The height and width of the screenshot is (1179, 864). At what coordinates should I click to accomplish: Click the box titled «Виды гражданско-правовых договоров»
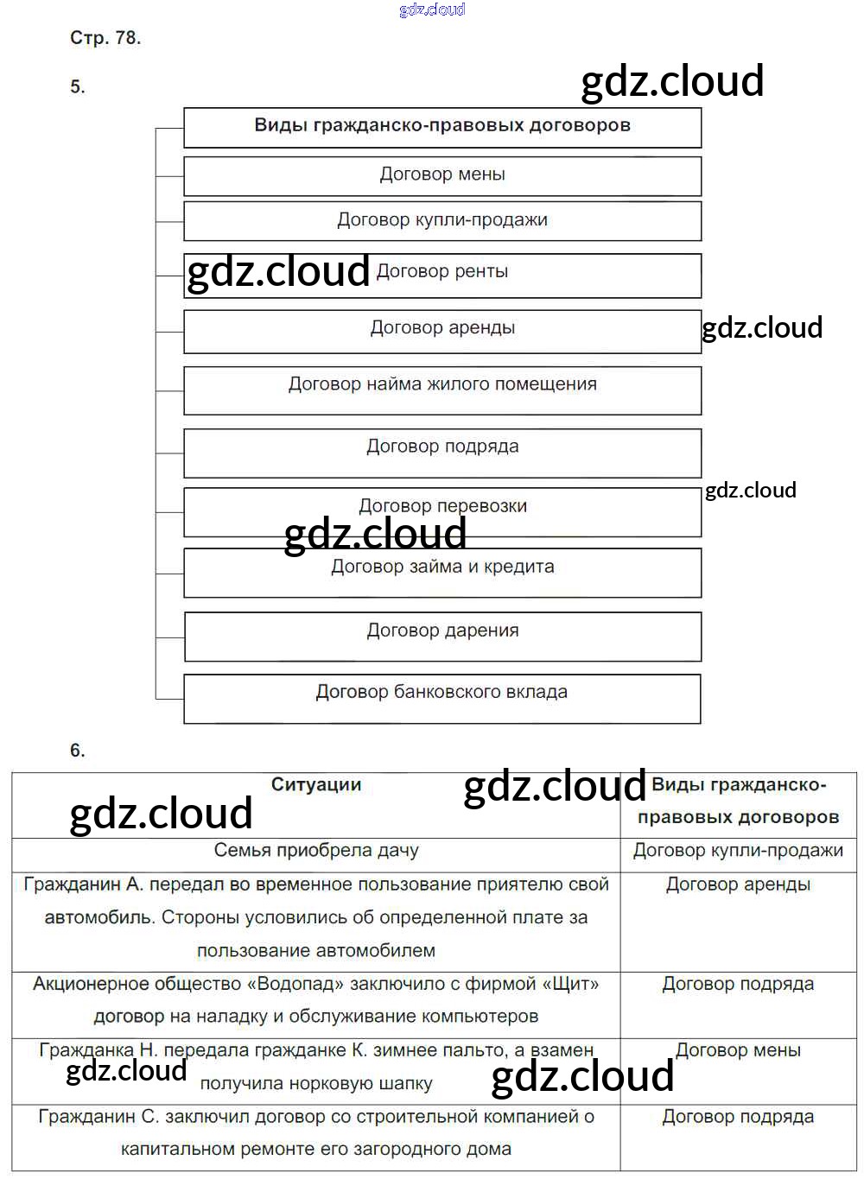tap(442, 126)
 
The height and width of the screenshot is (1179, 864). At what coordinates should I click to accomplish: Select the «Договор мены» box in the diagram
tap(442, 174)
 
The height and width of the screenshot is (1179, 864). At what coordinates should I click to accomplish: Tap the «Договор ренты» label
tap(442, 272)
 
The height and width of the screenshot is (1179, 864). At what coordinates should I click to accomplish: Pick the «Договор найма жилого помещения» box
tap(442, 385)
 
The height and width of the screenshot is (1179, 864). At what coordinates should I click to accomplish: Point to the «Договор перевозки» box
tap(442, 507)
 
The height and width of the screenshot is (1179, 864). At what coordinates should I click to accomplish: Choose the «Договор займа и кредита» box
tap(442, 568)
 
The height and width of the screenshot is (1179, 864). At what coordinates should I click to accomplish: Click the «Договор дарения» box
tap(442, 631)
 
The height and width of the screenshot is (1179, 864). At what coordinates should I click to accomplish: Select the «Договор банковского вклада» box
tap(442, 693)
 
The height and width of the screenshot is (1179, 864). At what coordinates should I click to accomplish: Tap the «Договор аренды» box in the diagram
tap(442, 329)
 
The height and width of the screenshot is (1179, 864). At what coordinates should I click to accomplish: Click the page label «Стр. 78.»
tap(105, 38)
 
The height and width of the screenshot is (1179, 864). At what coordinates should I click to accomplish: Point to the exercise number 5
tap(78, 86)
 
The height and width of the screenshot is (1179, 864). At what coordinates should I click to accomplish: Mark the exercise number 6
tap(78, 751)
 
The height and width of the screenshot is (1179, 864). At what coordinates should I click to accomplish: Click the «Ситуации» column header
tap(316, 785)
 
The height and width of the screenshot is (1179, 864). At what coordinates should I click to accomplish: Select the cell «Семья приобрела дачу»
tap(316, 851)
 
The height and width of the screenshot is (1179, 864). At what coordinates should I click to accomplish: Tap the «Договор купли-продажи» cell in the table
tap(738, 851)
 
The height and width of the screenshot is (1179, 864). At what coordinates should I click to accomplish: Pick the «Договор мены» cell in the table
tap(738, 1051)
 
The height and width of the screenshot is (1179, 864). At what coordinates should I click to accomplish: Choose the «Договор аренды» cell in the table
tap(738, 885)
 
